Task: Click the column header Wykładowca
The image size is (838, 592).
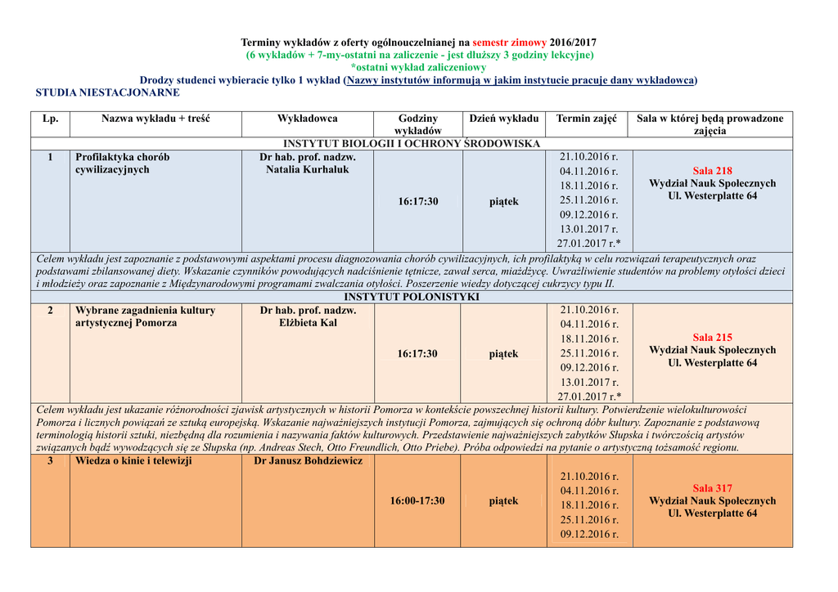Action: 307,119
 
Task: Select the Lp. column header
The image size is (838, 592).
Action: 50,119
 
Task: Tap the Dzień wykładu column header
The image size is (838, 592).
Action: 503,119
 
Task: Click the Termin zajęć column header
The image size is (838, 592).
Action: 587,119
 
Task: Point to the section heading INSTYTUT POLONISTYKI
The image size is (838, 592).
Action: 411,297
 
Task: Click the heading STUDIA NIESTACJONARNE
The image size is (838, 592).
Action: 107,93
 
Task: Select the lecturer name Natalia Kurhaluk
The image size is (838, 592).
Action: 307,170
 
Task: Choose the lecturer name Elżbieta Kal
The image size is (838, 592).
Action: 307,323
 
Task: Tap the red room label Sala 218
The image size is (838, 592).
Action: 712,171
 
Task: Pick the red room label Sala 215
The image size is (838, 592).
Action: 712,337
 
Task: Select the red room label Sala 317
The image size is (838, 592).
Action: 712,488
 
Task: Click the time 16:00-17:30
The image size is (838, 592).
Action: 417,500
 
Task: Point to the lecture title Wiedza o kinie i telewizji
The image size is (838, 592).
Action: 133,461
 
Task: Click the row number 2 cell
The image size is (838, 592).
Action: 50,311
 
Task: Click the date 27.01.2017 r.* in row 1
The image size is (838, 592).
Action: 588,244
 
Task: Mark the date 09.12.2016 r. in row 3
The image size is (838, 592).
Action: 588,535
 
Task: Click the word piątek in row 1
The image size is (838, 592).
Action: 504,202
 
